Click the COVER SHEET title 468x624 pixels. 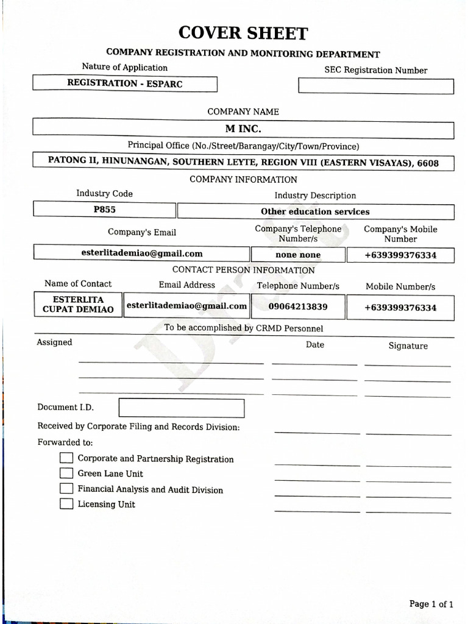[x=243, y=33]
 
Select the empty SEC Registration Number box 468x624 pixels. [x=375, y=86]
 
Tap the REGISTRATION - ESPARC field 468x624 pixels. [x=124, y=83]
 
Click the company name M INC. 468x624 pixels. [x=243, y=129]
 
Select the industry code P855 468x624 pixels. [x=104, y=210]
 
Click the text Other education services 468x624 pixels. [x=315, y=211]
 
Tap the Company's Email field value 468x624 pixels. [x=141, y=253]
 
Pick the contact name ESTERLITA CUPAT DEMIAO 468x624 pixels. [x=79, y=305]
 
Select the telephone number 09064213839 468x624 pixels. [x=297, y=307]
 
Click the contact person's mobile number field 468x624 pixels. [x=400, y=307]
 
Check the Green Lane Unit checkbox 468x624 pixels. [x=66, y=473]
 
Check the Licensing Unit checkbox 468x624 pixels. [x=66, y=504]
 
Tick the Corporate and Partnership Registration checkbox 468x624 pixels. [x=66, y=458]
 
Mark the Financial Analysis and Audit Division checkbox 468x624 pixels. [x=66, y=489]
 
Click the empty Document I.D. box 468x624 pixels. [x=181, y=408]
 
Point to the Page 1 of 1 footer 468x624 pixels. [x=431, y=604]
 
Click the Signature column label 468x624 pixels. [x=408, y=346]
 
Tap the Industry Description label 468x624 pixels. [x=315, y=196]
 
